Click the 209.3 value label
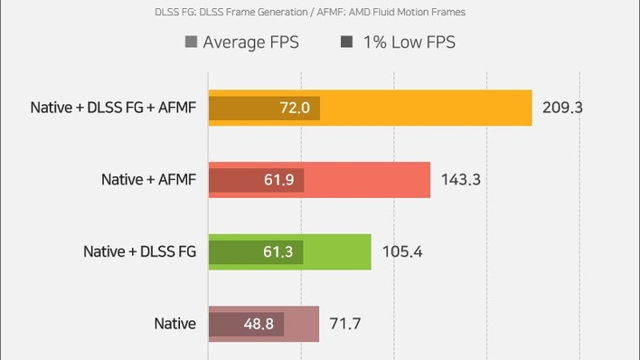pos(562,108)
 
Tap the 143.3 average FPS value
pos(461,179)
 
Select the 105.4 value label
pos(402,251)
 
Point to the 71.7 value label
pos(345,324)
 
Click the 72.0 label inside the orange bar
pos(295,108)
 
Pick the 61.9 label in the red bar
pos(278,180)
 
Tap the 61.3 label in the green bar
pos(278,251)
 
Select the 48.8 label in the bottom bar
pos(259,324)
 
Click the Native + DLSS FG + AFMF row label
pos(113,108)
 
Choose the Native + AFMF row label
pos(148,179)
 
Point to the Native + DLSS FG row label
pos(139,251)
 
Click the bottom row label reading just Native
pos(175,324)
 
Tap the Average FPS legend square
pos(191,42)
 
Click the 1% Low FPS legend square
pos(346,42)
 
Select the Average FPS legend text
pos(251,43)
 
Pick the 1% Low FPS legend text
pos(409,43)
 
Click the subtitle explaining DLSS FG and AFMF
pos(310,13)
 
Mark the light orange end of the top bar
pos(426,108)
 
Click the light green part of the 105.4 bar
pos(337,251)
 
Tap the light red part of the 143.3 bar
pos(367,180)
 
